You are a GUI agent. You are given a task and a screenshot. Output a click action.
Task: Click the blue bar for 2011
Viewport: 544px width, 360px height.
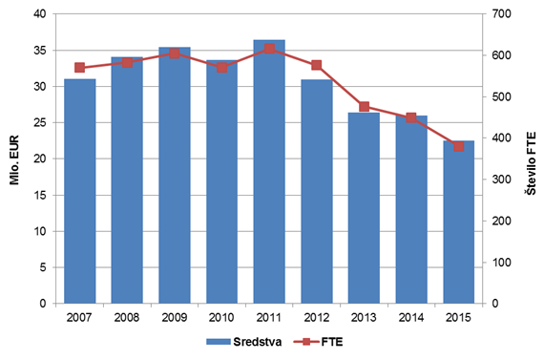269,172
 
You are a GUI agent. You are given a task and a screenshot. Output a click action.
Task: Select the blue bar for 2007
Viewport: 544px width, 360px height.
80,191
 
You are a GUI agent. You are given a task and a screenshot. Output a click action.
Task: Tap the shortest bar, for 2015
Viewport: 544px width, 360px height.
459,222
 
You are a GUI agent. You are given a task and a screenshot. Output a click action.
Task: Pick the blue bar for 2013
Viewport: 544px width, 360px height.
364,208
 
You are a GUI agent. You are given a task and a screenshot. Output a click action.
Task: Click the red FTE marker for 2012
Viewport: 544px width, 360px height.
317,65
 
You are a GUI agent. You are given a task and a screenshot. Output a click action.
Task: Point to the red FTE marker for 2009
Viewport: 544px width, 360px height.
175,53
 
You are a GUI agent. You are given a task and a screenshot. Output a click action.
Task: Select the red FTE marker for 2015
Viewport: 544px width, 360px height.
459,146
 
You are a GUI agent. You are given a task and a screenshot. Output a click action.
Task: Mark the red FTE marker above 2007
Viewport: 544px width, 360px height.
80,68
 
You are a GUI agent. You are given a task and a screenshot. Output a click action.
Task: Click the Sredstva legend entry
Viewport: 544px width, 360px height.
243,342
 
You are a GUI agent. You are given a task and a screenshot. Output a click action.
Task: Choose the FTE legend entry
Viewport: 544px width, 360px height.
318,342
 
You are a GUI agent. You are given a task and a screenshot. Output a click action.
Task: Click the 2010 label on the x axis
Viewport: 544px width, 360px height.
221,317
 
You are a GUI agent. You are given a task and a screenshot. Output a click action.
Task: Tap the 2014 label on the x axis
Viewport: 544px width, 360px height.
411,317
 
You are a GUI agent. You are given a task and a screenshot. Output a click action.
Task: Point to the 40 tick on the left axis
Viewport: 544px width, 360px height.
39,14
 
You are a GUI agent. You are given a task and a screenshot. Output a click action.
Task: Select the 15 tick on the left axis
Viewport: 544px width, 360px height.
40,195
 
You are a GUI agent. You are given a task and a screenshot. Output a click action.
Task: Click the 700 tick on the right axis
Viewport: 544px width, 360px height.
501,14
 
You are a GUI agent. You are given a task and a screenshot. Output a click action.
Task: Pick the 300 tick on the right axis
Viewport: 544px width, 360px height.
501,180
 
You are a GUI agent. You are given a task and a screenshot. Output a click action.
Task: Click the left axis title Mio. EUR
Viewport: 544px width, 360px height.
14,160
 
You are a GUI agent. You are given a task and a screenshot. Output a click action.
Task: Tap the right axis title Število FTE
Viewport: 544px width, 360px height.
531,163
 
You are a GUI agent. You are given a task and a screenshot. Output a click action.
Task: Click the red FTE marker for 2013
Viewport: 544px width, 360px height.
364,107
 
